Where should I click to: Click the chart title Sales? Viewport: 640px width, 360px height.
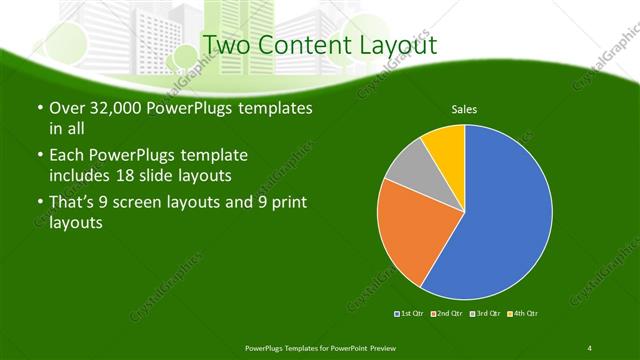(x=464, y=108)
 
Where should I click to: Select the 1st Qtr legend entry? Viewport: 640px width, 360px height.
(x=411, y=314)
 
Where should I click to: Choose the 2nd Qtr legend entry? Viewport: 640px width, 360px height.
(x=446, y=314)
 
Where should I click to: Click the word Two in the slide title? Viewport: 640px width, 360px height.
(x=226, y=45)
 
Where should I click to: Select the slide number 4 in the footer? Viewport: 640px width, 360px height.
(x=590, y=348)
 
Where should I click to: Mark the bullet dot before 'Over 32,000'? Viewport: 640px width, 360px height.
(x=38, y=108)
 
